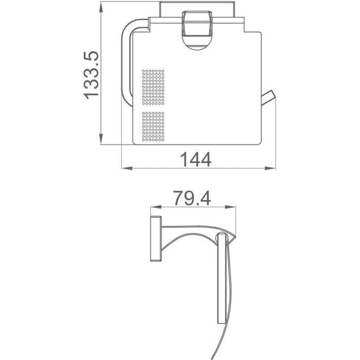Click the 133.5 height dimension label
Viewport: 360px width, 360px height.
[x=92, y=75]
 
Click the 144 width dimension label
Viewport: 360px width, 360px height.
[x=196, y=160]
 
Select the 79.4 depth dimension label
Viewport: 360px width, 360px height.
[x=192, y=198]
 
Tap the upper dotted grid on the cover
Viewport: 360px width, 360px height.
[x=153, y=87]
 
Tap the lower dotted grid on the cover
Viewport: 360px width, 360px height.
[x=153, y=127]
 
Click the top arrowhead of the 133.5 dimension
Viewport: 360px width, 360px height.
[x=101, y=8]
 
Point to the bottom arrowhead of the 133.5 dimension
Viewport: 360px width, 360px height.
[x=101, y=140]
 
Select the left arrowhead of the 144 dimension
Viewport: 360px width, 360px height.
[x=127, y=168]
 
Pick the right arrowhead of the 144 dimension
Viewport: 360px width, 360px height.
[x=270, y=168]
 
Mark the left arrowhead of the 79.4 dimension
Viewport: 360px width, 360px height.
[x=156, y=207]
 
